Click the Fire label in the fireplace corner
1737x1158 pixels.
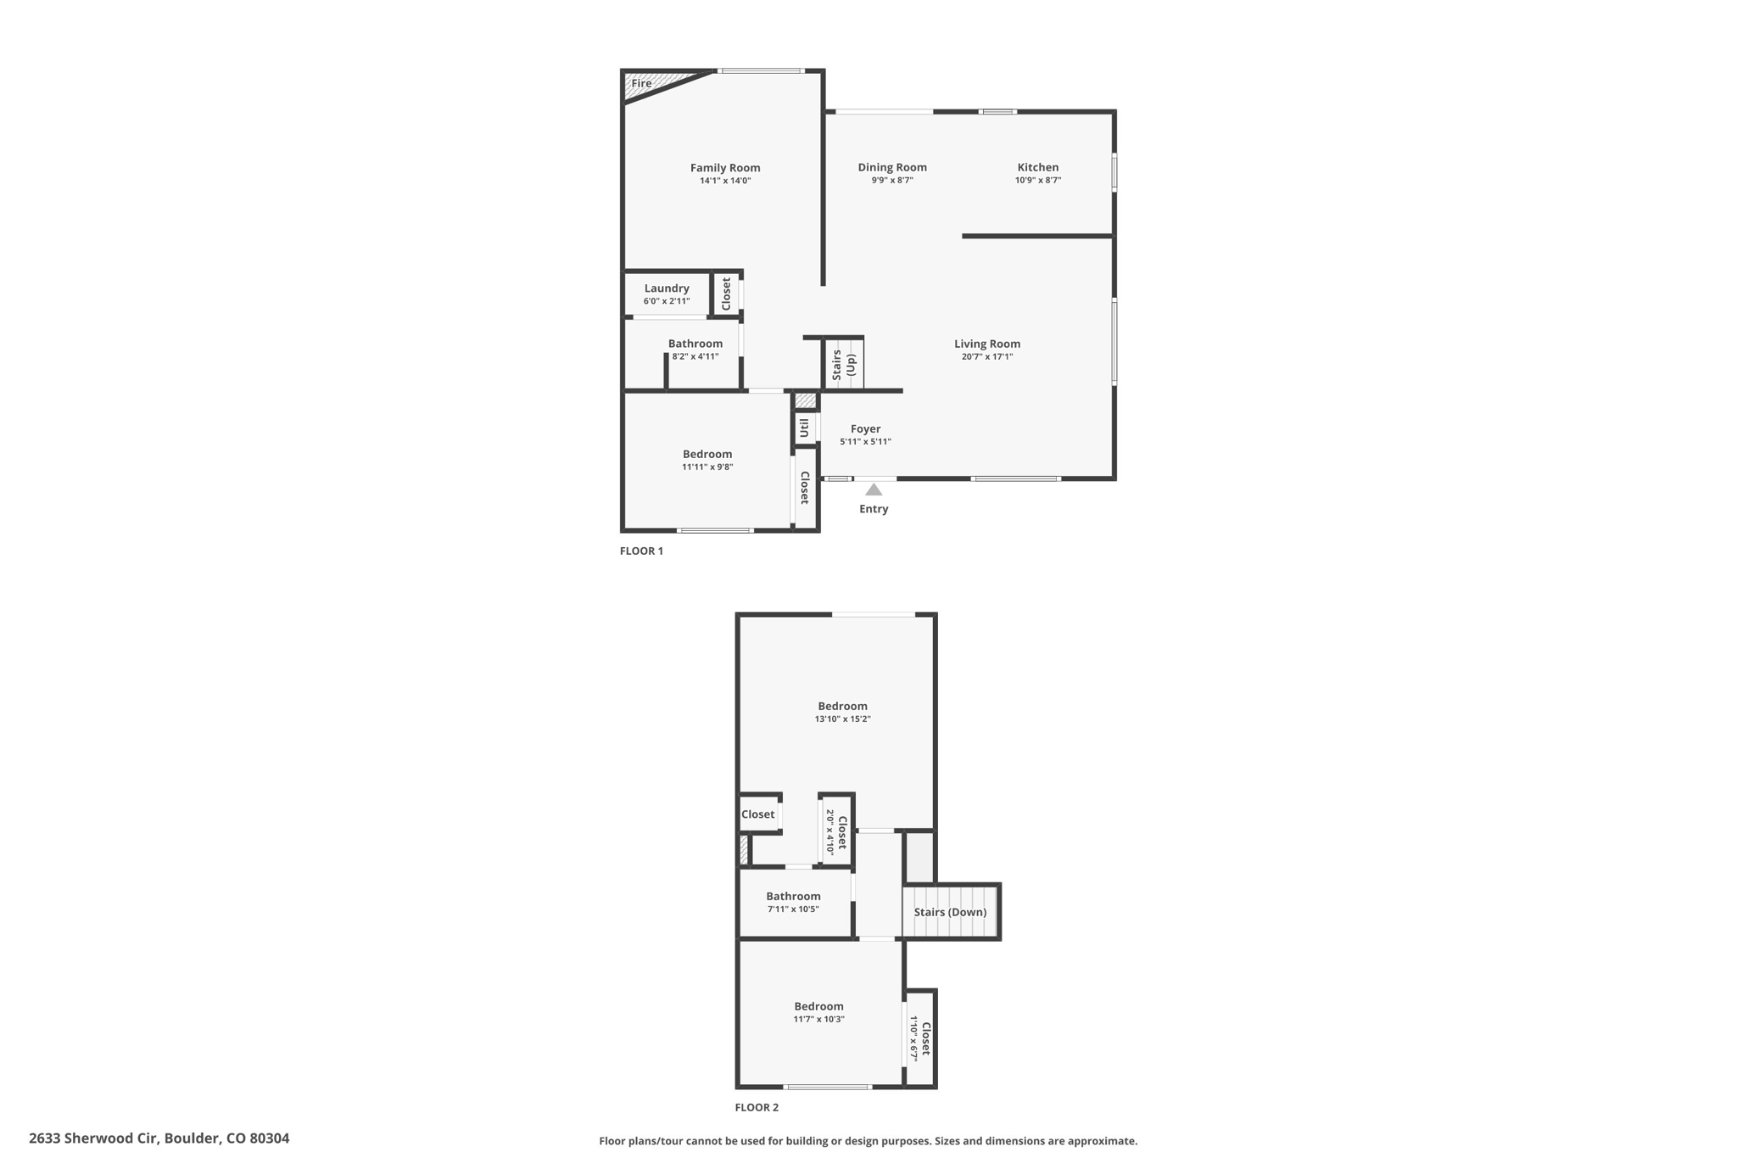click(x=641, y=83)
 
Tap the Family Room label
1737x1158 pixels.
click(x=725, y=168)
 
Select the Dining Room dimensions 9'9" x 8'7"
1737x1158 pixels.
click(x=892, y=180)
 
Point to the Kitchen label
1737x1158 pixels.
click(x=1038, y=167)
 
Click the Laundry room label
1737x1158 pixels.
click(x=667, y=288)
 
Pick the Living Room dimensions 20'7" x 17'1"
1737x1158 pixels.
click(x=987, y=356)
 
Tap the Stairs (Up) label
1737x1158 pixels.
click(x=844, y=364)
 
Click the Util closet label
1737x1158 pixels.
click(x=804, y=428)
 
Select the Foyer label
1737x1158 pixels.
click(x=866, y=429)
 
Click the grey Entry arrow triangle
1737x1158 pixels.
click(x=874, y=489)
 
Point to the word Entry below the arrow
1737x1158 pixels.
click(x=874, y=509)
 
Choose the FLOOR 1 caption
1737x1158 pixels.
click(x=641, y=551)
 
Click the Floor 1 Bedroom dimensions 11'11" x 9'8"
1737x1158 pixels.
click(x=707, y=467)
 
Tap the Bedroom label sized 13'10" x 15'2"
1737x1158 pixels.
click(x=842, y=706)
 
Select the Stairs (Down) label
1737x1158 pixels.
click(x=950, y=912)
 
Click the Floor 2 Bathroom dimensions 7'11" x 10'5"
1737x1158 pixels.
click(x=793, y=909)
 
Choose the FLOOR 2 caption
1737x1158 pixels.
click(x=757, y=1107)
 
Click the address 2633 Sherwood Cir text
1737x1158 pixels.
click(x=93, y=1138)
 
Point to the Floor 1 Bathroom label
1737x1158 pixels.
click(x=695, y=344)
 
